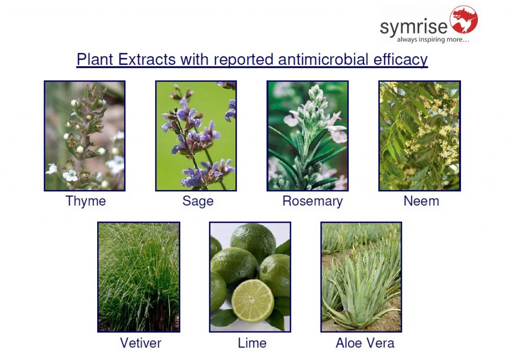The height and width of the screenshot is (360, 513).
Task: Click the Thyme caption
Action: [x=86, y=201]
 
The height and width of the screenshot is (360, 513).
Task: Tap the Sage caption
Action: [x=198, y=201]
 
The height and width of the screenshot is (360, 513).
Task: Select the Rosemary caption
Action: [x=313, y=201]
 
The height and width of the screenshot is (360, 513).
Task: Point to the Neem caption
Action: [x=421, y=201]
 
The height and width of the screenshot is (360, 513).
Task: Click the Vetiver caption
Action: [x=141, y=343]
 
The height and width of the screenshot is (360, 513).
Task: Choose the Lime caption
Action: [x=252, y=343]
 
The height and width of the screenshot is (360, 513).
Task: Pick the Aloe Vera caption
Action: [x=365, y=343]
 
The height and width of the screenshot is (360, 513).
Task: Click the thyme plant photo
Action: [x=85, y=135]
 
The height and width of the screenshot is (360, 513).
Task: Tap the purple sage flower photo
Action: [x=196, y=135]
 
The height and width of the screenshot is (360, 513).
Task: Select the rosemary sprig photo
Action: [x=308, y=135]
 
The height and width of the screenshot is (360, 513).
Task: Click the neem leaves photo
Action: [x=419, y=135]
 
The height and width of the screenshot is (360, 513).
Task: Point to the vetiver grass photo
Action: [x=139, y=277]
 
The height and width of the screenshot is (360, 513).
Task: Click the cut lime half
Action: [x=252, y=301]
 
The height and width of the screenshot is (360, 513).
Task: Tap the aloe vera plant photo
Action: [x=361, y=277]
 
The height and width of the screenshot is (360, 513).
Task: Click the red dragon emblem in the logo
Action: [x=463, y=20]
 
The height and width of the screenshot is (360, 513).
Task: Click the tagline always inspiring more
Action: [x=433, y=40]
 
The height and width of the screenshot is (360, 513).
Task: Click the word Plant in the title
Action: [x=95, y=59]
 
